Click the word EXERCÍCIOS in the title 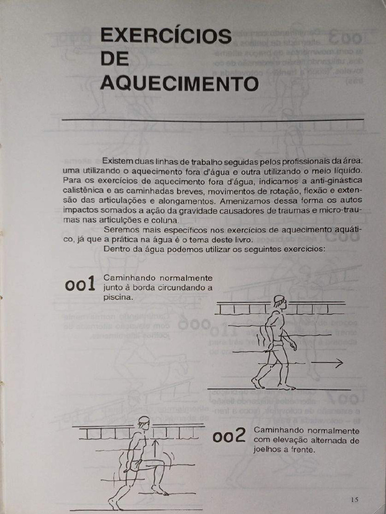click(x=166, y=37)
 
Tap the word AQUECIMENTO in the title click(x=179, y=83)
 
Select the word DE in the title click(x=114, y=59)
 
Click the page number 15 click(x=354, y=499)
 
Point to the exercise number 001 click(x=80, y=285)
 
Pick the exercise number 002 click(x=229, y=437)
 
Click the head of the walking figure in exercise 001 click(x=279, y=302)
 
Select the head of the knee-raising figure click(x=144, y=423)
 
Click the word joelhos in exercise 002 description click(x=267, y=450)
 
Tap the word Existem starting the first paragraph click(x=118, y=161)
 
